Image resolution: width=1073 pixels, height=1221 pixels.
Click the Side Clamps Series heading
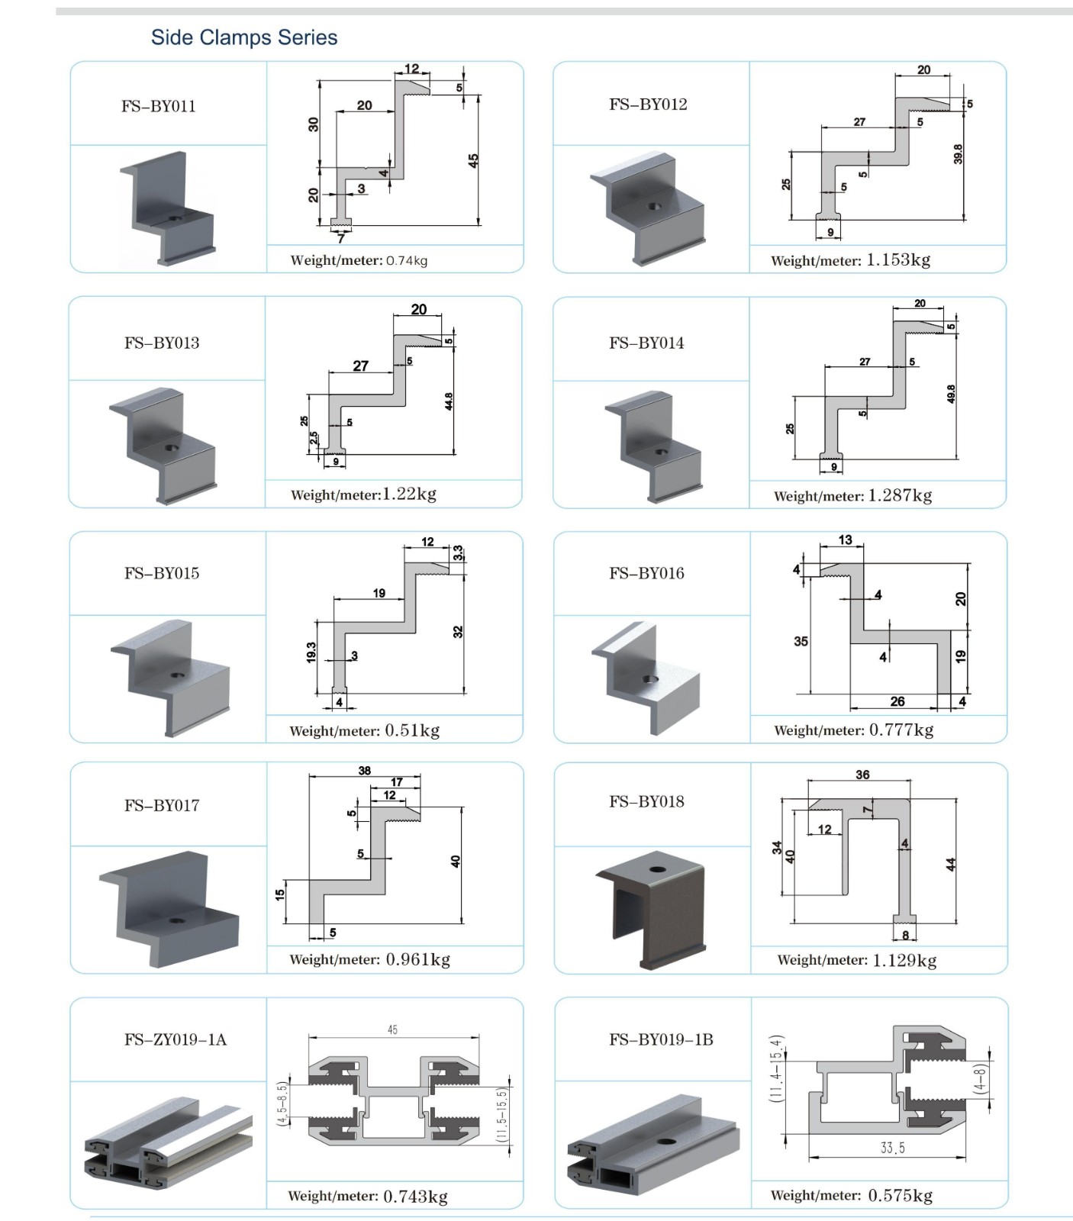pyautogui.click(x=244, y=37)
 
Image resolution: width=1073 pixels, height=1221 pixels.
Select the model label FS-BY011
pyautogui.click(x=159, y=106)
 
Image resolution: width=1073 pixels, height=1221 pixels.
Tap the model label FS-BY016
pyautogui.click(x=646, y=573)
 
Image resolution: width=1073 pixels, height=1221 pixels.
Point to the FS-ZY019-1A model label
pyautogui.click(x=176, y=1039)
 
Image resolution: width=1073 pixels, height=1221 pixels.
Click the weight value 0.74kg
pyautogui.click(x=407, y=260)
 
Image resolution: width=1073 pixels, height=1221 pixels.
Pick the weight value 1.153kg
pyautogui.click(x=898, y=259)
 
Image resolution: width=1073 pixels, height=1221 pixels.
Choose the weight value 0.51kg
pyautogui.click(x=412, y=730)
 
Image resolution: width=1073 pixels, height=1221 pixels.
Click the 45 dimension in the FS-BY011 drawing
pyautogui.click(x=473, y=161)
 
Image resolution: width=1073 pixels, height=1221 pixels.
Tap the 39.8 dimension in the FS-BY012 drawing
pyautogui.click(x=959, y=153)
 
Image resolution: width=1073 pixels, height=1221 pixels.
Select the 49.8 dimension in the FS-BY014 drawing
pyautogui.click(x=951, y=394)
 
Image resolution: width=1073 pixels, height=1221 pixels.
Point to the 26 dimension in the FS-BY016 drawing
pyautogui.click(x=897, y=701)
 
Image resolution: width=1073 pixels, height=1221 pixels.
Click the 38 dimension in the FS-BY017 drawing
pyautogui.click(x=365, y=771)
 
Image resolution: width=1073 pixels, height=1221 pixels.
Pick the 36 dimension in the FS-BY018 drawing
pyautogui.click(x=862, y=775)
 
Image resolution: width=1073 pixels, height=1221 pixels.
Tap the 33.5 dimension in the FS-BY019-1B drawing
pyautogui.click(x=892, y=1149)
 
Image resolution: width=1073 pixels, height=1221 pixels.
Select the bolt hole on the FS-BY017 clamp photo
pyautogui.click(x=177, y=921)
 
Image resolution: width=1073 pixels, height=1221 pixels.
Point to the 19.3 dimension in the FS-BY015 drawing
pyautogui.click(x=311, y=652)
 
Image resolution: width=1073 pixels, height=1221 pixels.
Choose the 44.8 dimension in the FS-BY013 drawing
pyautogui.click(x=449, y=401)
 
